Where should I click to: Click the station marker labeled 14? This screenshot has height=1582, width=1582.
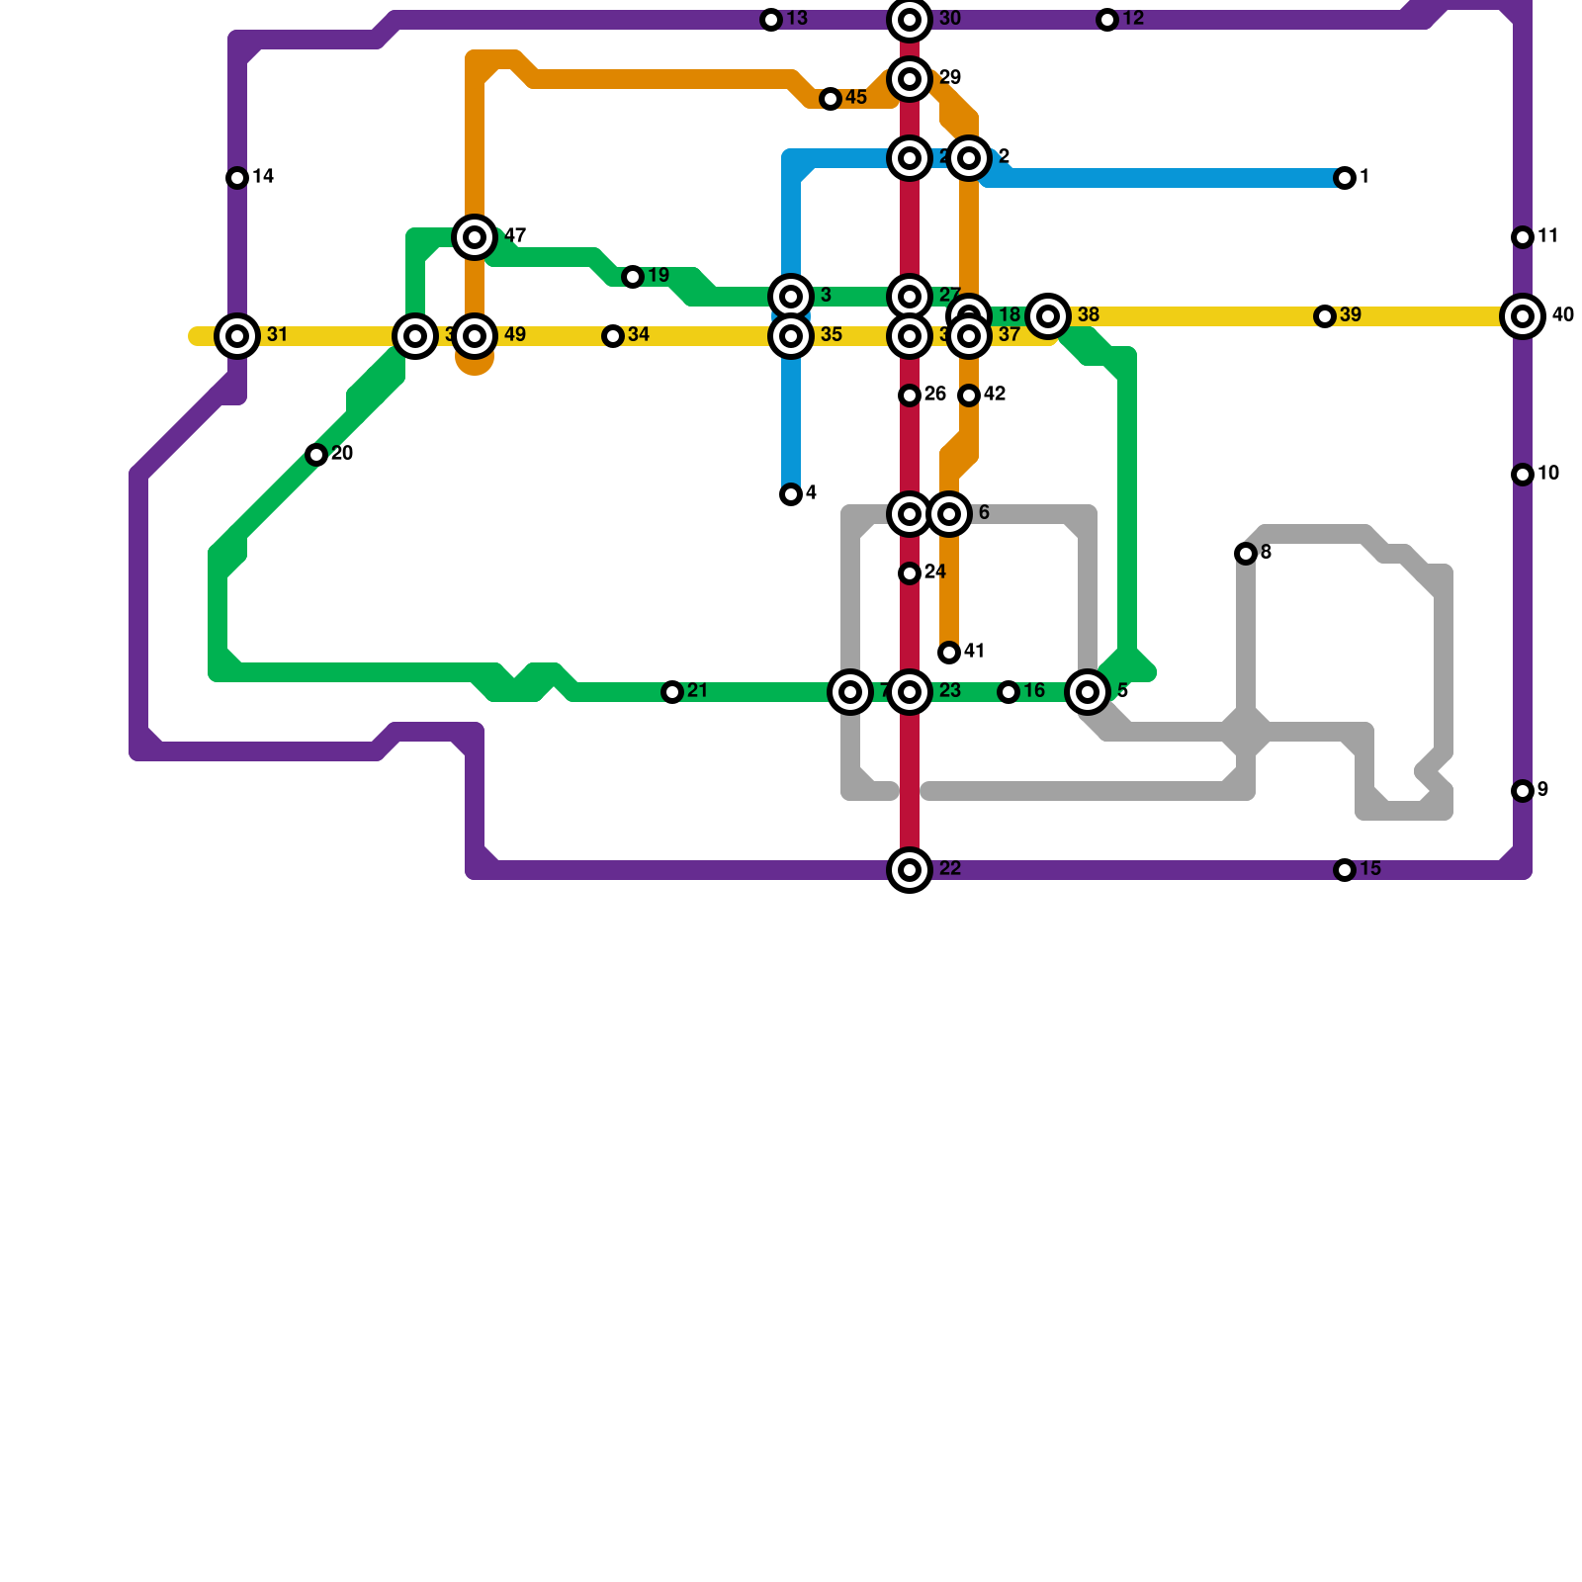[x=237, y=178]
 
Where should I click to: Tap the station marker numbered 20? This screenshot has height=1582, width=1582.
[x=316, y=455]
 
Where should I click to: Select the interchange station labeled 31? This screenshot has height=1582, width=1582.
[x=237, y=336]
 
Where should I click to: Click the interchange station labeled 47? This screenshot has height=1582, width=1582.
[x=475, y=237]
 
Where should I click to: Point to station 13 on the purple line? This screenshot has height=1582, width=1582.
[x=771, y=20]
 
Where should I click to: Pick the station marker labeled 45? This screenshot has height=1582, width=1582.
[x=831, y=99]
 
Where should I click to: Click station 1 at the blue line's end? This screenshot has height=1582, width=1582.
[x=1345, y=178]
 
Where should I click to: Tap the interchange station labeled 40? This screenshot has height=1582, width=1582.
[x=1523, y=316]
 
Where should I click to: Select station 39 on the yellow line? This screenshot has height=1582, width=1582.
[x=1325, y=316]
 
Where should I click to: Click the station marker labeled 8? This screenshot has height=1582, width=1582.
[x=1246, y=554]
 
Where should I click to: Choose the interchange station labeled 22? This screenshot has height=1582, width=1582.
[x=910, y=870]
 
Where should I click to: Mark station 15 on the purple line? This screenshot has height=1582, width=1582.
[x=1345, y=870]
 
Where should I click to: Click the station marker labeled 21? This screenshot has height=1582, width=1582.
[x=672, y=692]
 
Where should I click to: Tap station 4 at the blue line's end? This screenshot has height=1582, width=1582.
[x=791, y=494]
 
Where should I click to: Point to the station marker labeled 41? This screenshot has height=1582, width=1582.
[x=949, y=653]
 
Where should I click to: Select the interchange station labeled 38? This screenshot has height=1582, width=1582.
[x=1048, y=316]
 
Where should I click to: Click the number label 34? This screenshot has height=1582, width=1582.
[x=639, y=335]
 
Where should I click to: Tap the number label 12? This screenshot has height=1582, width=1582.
[x=1133, y=19]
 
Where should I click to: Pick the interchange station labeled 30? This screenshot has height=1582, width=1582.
[x=910, y=20]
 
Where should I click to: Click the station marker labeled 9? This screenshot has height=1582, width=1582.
[x=1523, y=791]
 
